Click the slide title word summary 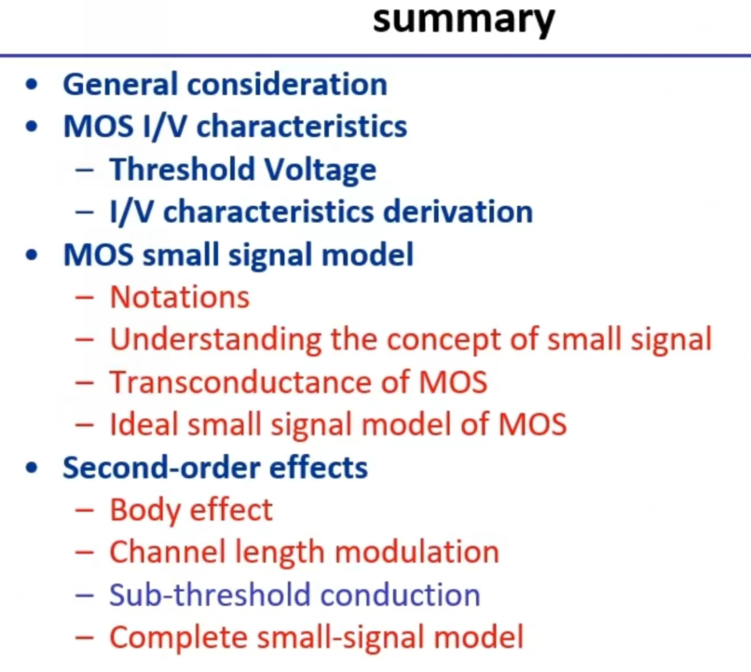(463, 18)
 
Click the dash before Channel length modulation (85, 553)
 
